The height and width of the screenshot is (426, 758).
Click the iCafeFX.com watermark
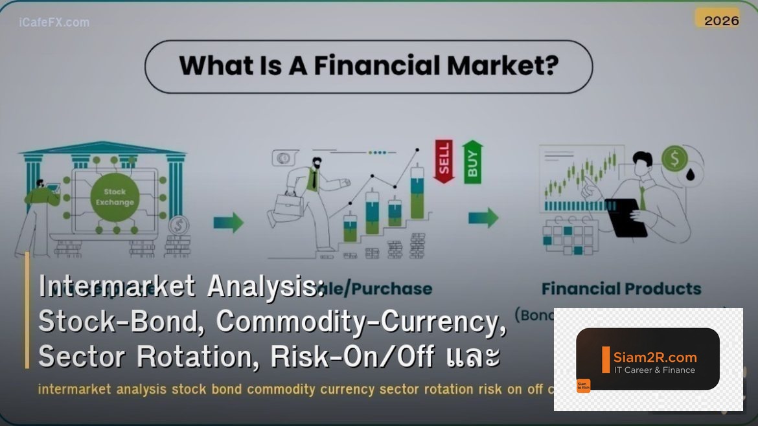pyautogui.click(x=54, y=22)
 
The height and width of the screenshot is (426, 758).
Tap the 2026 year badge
pyautogui.click(x=721, y=20)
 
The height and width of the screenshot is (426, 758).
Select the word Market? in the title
pyautogui.click(x=502, y=66)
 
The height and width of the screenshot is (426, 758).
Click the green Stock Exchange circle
pyautogui.click(x=115, y=197)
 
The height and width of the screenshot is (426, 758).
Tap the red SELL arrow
pyautogui.click(x=444, y=161)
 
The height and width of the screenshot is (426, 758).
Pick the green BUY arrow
pyautogui.click(x=472, y=162)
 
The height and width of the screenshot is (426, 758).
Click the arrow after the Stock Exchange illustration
pyautogui.click(x=229, y=223)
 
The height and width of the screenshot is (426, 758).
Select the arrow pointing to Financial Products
pyautogui.click(x=483, y=218)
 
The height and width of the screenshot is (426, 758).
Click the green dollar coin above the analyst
pyautogui.click(x=674, y=158)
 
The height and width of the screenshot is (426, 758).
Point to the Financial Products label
pyautogui.click(x=621, y=289)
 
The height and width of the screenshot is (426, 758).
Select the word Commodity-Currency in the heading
pyautogui.click(x=360, y=321)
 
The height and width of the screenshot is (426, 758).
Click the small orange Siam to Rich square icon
pyautogui.click(x=583, y=386)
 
